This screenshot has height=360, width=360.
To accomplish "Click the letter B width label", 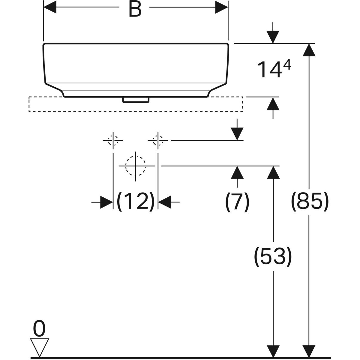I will pyautogui.click(x=135, y=9).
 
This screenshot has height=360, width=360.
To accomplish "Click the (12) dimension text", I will pyautogui.click(x=135, y=202).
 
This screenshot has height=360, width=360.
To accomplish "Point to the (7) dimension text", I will pyautogui.click(x=237, y=202).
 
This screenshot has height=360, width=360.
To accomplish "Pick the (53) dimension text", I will pyautogui.click(x=273, y=256).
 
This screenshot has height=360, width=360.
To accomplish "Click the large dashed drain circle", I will pyautogui.click(x=136, y=166).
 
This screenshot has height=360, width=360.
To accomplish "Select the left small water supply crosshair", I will pyautogui.click(x=113, y=140).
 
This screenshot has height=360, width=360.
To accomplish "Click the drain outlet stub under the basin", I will pyautogui.click(x=136, y=100).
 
